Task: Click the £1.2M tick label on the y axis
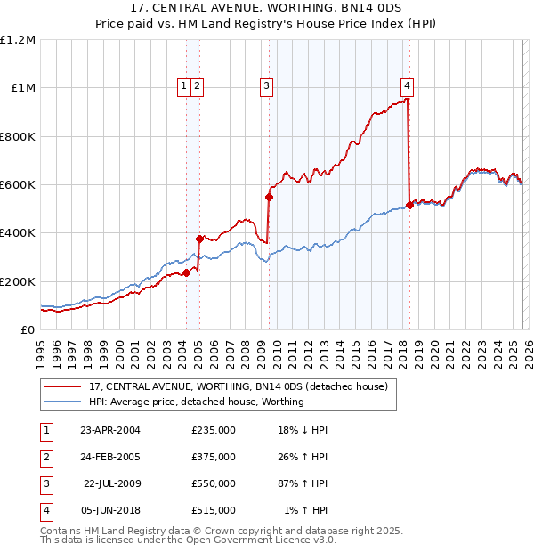(18, 40)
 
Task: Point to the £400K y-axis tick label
(18, 233)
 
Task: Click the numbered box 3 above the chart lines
(266, 86)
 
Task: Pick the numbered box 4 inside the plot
(407, 86)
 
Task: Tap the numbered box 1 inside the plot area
(183, 86)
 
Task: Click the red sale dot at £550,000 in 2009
(269, 197)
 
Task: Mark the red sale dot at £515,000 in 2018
(409, 206)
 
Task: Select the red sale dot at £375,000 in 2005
(200, 239)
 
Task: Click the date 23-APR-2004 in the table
(109, 430)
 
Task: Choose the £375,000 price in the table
(214, 457)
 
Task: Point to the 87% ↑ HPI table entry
(302, 483)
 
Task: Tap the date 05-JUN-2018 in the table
(109, 510)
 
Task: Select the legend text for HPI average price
(197, 402)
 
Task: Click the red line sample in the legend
(61, 387)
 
